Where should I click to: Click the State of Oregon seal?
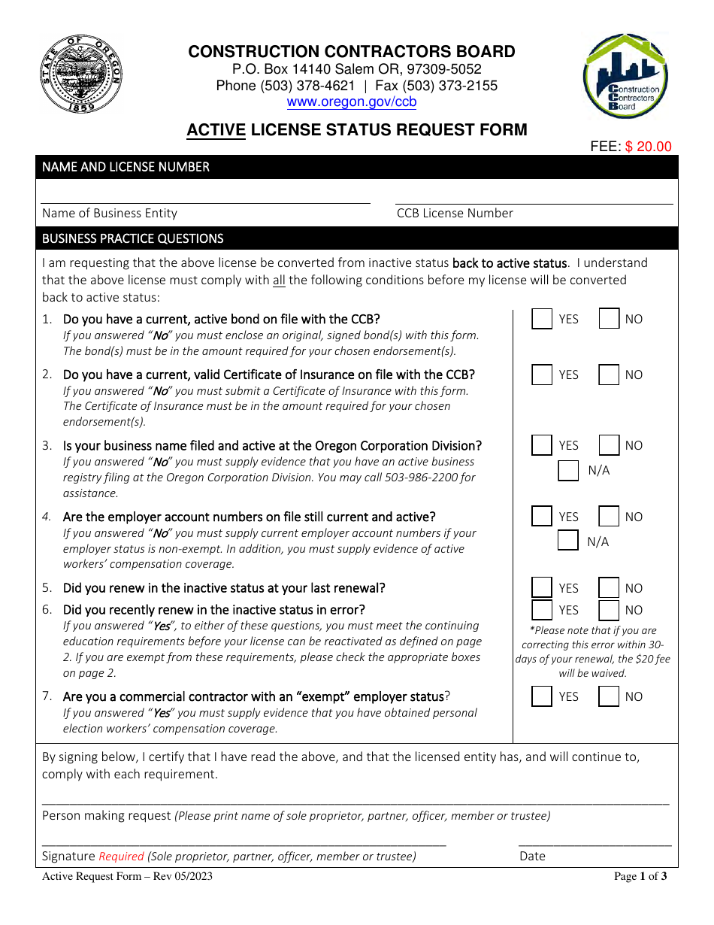[81, 74]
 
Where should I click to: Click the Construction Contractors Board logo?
[625, 76]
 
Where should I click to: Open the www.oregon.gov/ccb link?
[352, 102]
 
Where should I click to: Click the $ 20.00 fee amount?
[648, 147]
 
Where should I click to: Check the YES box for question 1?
[542, 319]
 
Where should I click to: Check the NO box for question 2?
[609, 375]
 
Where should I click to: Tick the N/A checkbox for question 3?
[568, 471]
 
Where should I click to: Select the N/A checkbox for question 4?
[568, 541]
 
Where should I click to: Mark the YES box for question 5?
[542, 588]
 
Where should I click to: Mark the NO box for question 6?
[609, 610]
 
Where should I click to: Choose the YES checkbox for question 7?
[542, 696]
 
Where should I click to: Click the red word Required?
[121, 856]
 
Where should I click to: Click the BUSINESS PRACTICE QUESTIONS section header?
[133, 238]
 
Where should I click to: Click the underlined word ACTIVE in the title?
[216, 129]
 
